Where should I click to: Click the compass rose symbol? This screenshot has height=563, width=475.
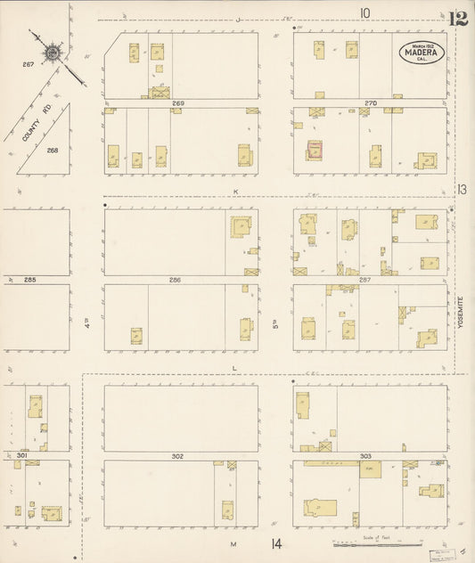(x=52, y=53)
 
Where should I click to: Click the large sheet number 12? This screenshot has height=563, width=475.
(x=459, y=19)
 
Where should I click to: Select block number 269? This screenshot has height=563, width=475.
(x=178, y=103)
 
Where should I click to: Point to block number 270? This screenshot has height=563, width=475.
(x=371, y=103)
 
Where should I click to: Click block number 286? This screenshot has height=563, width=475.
(x=175, y=280)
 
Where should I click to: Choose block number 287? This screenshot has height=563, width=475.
(x=364, y=280)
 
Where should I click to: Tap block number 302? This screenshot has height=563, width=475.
(x=177, y=456)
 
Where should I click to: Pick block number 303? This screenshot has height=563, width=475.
(x=365, y=456)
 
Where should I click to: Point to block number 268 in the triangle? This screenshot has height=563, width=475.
(x=53, y=150)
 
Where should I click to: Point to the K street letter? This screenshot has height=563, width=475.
(x=237, y=192)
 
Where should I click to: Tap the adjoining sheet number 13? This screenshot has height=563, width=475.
(x=462, y=189)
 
